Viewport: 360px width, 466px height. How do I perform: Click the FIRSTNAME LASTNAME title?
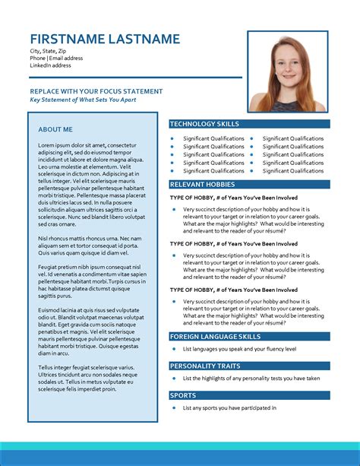tap(105, 40)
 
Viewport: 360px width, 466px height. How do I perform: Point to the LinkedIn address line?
tap(52, 65)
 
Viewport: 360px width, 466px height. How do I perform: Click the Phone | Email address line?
tap(56, 58)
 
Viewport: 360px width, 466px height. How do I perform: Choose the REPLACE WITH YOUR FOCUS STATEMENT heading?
tap(96, 91)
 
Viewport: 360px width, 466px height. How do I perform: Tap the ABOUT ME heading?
tap(55, 129)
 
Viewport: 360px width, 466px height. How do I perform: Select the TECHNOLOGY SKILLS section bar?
tap(249, 123)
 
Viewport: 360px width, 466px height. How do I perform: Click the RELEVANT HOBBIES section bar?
tap(249, 185)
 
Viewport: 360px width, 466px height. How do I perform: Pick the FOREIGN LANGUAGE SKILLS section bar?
tap(249, 336)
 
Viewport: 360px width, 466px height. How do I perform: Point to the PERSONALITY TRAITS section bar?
tap(249, 366)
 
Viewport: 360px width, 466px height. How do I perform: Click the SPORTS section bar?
tap(249, 395)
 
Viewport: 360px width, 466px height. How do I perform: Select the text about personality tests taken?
tap(251, 379)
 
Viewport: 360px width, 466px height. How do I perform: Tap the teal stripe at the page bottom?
tap(180, 448)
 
